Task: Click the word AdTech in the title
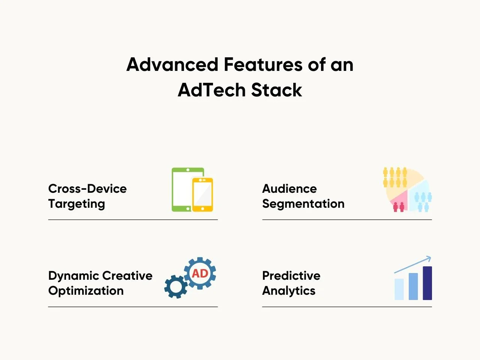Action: point(212,90)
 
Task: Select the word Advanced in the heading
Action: point(172,64)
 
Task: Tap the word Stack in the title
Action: point(277,90)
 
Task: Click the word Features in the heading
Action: point(263,64)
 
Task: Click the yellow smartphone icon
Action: point(202,195)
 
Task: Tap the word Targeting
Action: point(76,204)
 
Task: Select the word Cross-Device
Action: point(87,188)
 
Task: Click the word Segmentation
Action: point(303,204)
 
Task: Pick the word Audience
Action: point(289,188)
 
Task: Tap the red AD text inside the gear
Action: point(200,273)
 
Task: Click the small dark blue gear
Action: point(176,286)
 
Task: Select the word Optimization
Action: point(86,291)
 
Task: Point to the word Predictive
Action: point(291,275)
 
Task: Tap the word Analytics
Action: point(289,291)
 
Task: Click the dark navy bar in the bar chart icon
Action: point(427,283)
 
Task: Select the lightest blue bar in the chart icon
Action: point(399,289)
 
